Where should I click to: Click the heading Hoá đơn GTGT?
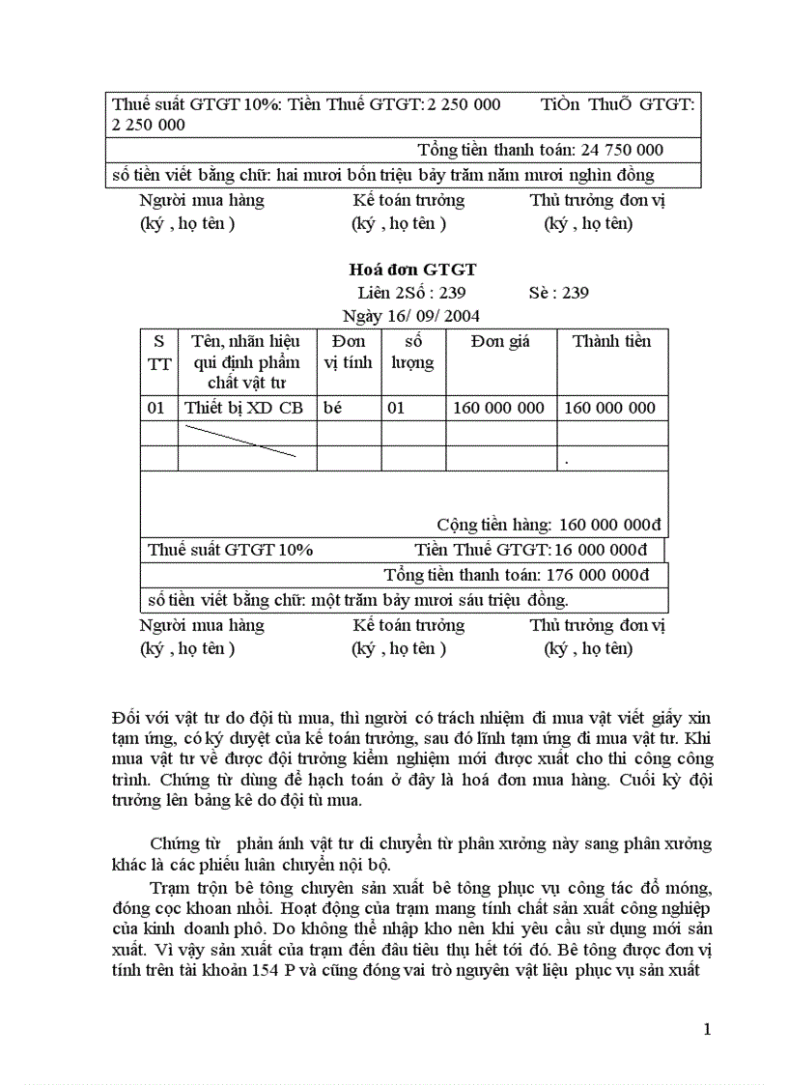pos(411,270)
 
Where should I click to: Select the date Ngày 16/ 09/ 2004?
pos(411,316)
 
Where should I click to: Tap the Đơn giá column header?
pos(500,341)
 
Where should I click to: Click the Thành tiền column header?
pos(611,341)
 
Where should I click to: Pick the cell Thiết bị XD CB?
pos(243,408)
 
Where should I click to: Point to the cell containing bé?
pos(333,408)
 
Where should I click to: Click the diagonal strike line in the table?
pos(240,439)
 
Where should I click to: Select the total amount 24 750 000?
pos(622,150)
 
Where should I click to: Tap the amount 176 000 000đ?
pos(598,574)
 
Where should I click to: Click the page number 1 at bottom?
pos(708,1030)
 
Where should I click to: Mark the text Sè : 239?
pos(559,293)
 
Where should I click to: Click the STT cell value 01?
pos(156,408)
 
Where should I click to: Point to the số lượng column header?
pos(412,352)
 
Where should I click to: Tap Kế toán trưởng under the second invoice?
pos(408,625)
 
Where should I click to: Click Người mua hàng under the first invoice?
pos(201,200)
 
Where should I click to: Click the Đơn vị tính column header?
pos(348,352)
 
